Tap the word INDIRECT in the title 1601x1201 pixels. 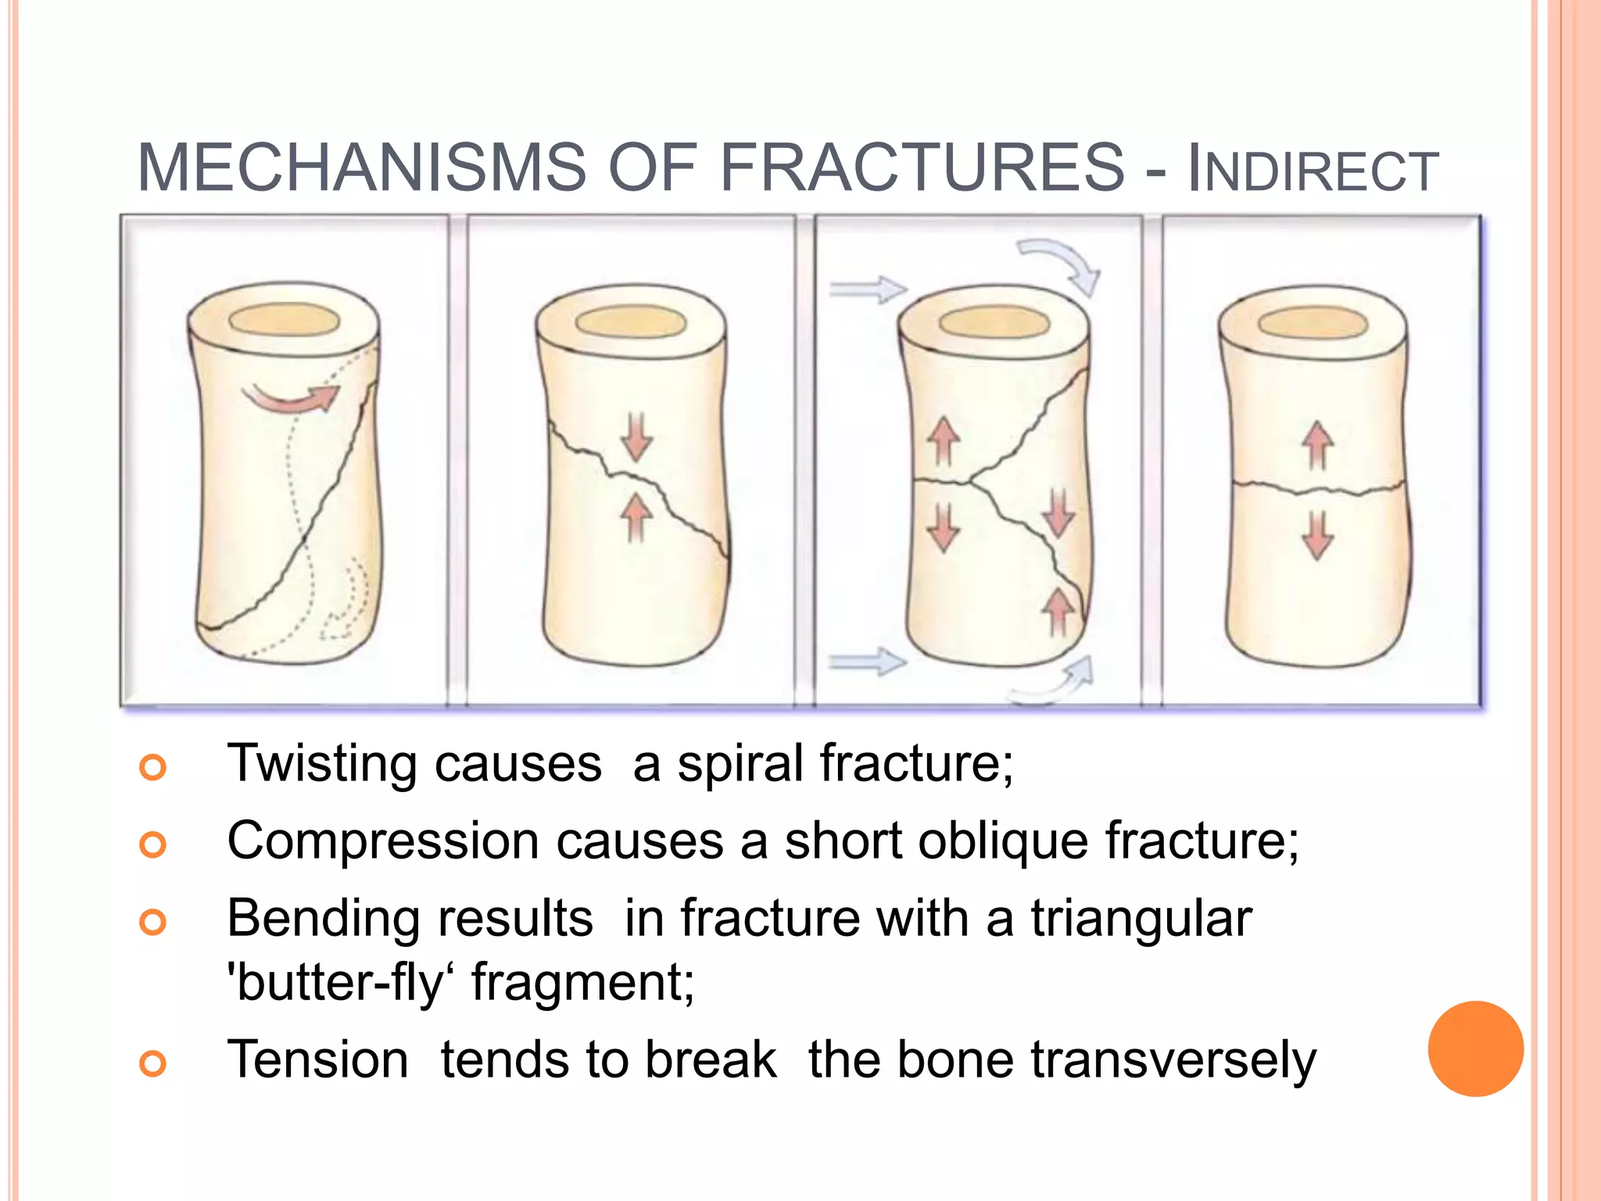click(1313, 170)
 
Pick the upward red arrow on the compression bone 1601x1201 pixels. click(636, 516)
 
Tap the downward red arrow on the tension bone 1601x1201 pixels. click(1318, 536)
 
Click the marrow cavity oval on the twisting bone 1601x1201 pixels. click(284, 321)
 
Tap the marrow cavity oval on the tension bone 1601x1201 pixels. click(1313, 323)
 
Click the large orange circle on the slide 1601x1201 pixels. click(1475, 1049)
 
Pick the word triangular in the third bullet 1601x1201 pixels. click(1141, 919)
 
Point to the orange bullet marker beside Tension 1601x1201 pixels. click(153, 1063)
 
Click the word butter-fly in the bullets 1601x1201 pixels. click(336, 983)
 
